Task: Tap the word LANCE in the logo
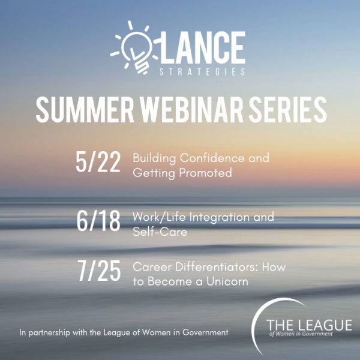(200, 47)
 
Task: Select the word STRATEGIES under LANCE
(202, 71)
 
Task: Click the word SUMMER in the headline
(85, 110)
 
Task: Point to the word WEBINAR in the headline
(192, 110)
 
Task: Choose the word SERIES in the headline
(288, 110)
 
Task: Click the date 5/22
(98, 162)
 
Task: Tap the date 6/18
(98, 221)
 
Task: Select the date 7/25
(99, 271)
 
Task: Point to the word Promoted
(205, 173)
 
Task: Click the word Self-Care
(160, 232)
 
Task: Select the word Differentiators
(217, 267)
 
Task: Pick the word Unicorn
(227, 281)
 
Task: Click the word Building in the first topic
(154, 158)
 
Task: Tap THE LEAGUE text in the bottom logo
(309, 325)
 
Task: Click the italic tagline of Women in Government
(301, 334)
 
